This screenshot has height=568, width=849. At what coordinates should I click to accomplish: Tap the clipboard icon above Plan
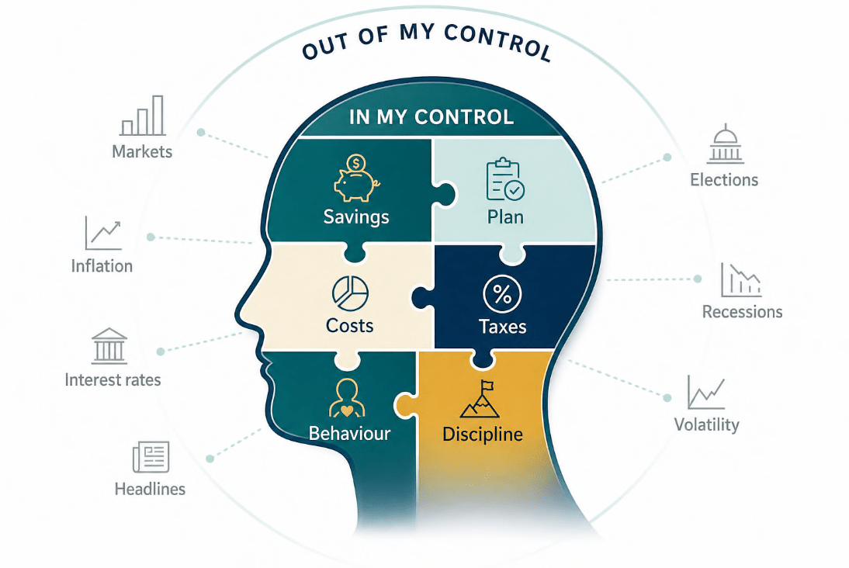click(505, 180)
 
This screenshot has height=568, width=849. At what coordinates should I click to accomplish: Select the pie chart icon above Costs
click(350, 293)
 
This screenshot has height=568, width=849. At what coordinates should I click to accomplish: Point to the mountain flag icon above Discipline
click(480, 399)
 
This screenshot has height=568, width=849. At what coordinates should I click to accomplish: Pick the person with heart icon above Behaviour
click(347, 398)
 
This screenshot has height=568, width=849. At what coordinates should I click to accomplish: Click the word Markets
click(142, 151)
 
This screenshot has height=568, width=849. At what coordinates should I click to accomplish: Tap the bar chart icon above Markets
click(142, 116)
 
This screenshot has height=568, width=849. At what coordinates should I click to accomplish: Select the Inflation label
click(102, 266)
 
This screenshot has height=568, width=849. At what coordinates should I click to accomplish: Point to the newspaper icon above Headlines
click(151, 457)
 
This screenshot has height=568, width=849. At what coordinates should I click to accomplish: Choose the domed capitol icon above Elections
click(725, 144)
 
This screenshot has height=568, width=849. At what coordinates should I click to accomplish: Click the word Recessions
click(743, 312)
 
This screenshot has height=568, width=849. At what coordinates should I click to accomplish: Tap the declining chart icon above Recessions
click(740, 280)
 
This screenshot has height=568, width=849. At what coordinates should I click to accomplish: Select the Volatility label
click(707, 424)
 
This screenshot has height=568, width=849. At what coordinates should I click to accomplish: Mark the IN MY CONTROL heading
click(431, 117)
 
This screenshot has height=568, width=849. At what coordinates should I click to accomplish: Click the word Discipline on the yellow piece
click(483, 435)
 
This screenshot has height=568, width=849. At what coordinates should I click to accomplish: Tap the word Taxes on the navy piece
click(502, 327)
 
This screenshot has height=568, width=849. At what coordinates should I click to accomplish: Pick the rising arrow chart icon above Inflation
click(103, 233)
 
